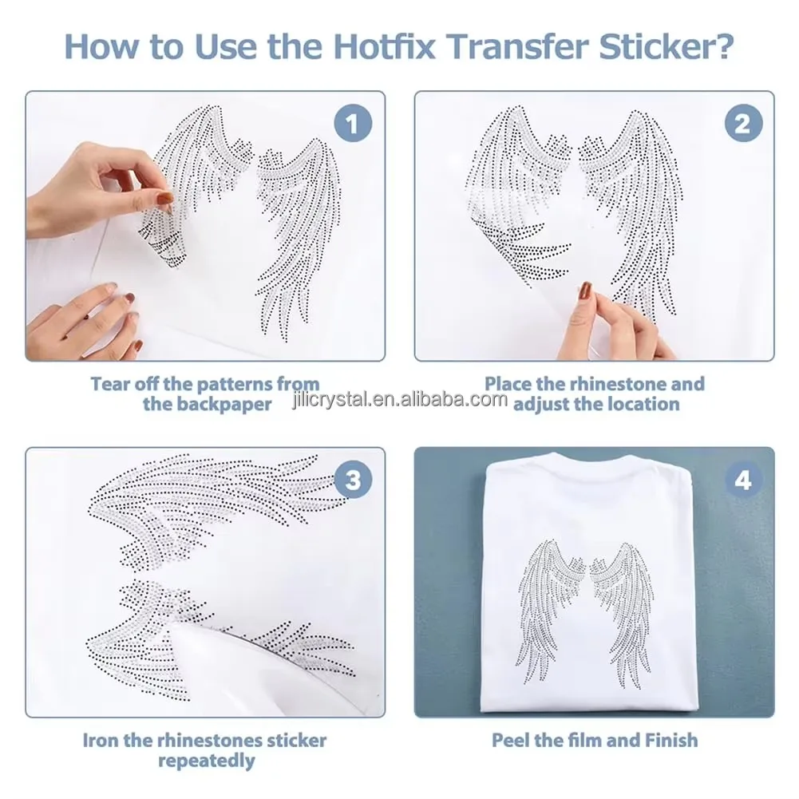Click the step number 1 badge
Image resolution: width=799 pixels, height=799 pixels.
(x=353, y=123)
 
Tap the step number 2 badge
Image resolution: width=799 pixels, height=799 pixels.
(x=743, y=123)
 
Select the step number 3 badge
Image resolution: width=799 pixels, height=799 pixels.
(x=353, y=480)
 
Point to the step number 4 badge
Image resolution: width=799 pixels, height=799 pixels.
(x=743, y=480)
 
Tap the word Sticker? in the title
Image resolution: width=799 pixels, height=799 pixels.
(x=666, y=46)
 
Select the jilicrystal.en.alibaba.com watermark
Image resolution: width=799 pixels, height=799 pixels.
(x=399, y=400)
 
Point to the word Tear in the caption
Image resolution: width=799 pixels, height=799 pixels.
(x=110, y=383)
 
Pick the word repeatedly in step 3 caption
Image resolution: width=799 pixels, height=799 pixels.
(x=207, y=761)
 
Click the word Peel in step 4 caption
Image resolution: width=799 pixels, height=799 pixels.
(x=511, y=740)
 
